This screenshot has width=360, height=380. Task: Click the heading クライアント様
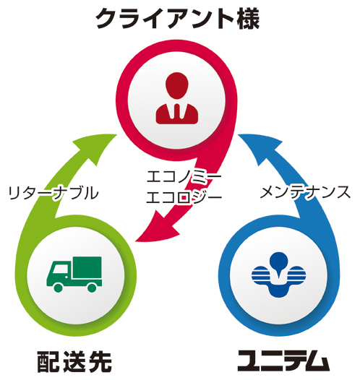click(x=177, y=19)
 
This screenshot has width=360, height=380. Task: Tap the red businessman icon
click(x=177, y=98)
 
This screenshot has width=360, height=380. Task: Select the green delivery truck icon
click(x=74, y=274)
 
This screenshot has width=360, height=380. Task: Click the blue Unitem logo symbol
click(x=278, y=275)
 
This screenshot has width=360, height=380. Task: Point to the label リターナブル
click(x=53, y=193)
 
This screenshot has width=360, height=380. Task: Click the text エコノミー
click(x=184, y=177)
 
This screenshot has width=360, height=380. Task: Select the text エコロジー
click(x=184, y=197)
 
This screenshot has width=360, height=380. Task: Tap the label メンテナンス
click(x=305, y=193)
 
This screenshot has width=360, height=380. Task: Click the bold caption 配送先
click(x=74, y=362)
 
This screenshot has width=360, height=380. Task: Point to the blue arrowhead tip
click(x=238, y=134)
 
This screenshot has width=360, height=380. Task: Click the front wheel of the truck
click(x=58, y=288)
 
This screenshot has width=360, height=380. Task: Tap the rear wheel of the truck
click(x=92, y=288)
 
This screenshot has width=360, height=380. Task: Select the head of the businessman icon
click(x=177, y=85)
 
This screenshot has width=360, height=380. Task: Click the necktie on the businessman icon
click(x=177, y=111)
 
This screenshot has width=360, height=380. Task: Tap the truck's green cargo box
click(x=87, y=267)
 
